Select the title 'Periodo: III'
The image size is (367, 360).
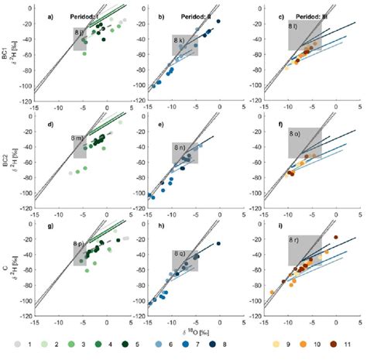pyautogui.click(x=308, y=15)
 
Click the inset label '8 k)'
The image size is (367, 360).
pyautogui.click(x=180, y=39)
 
